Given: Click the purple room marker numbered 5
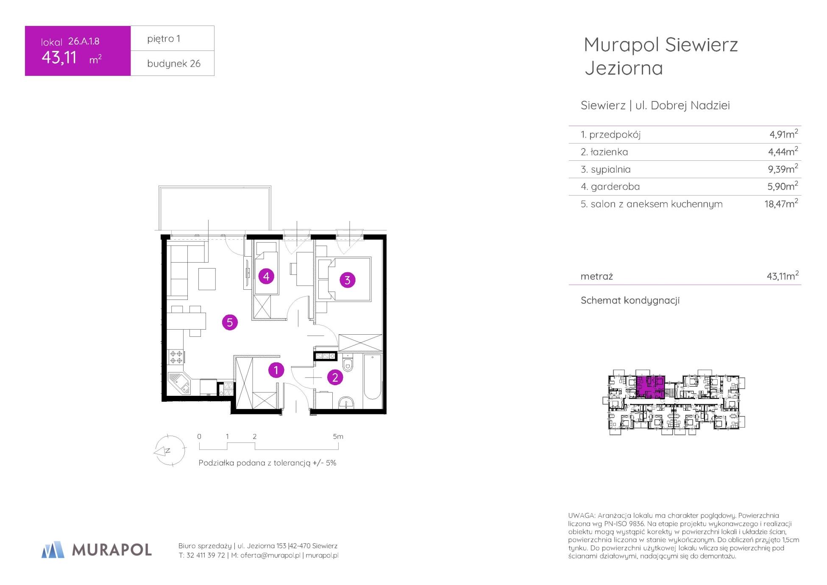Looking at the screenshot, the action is click(x=230, y=322).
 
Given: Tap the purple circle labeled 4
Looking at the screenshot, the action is click(x=266, y=277).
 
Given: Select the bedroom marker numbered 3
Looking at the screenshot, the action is click(x=348, y=280).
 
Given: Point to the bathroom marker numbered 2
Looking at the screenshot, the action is click(x=335, y=377).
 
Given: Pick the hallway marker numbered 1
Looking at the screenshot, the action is click(x=276, y=370).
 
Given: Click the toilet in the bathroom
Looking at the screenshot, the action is click(x=348, y=363).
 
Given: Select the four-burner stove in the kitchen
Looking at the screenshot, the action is click(x=176, y=357).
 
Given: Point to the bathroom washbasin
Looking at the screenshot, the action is click(x=347, y=402).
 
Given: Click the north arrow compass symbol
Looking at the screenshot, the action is click(x=170, y=451).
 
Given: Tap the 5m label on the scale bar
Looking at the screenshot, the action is click(x=338, y=437).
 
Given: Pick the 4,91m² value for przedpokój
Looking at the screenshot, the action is click(x=784, y=134).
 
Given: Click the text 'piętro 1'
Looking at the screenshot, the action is click(x=164, y=39).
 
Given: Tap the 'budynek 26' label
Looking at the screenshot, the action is click(x=174, y=64).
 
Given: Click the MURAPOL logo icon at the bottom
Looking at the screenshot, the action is click(x=53, y=549).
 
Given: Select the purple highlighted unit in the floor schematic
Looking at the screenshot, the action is click(x=650, y=387).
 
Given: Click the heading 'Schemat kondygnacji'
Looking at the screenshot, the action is click(x=630, y=300).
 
